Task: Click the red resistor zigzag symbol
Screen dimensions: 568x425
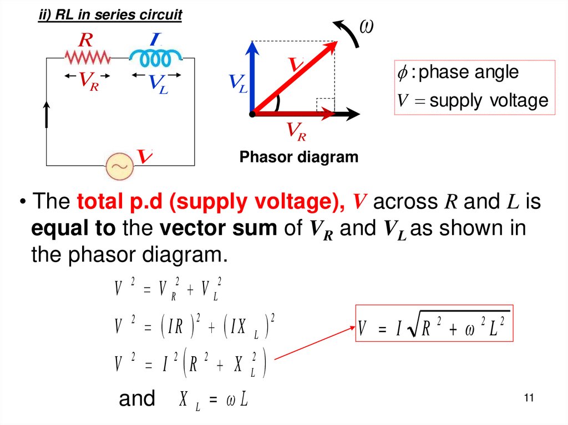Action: coord(87,57)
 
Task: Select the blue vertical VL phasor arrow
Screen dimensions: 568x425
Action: coord(253,78)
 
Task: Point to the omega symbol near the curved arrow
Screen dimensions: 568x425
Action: coord(366,26)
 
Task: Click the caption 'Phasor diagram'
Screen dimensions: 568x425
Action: coord(299,157)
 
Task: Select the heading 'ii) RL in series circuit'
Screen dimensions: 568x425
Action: coord(110,16)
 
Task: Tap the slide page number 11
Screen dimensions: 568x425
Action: coord(528,398)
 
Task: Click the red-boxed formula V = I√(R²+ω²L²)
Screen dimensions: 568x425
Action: coord(433,330)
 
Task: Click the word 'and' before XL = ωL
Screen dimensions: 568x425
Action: coord(137,398)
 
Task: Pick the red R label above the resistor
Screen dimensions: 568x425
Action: coord(85,40)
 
